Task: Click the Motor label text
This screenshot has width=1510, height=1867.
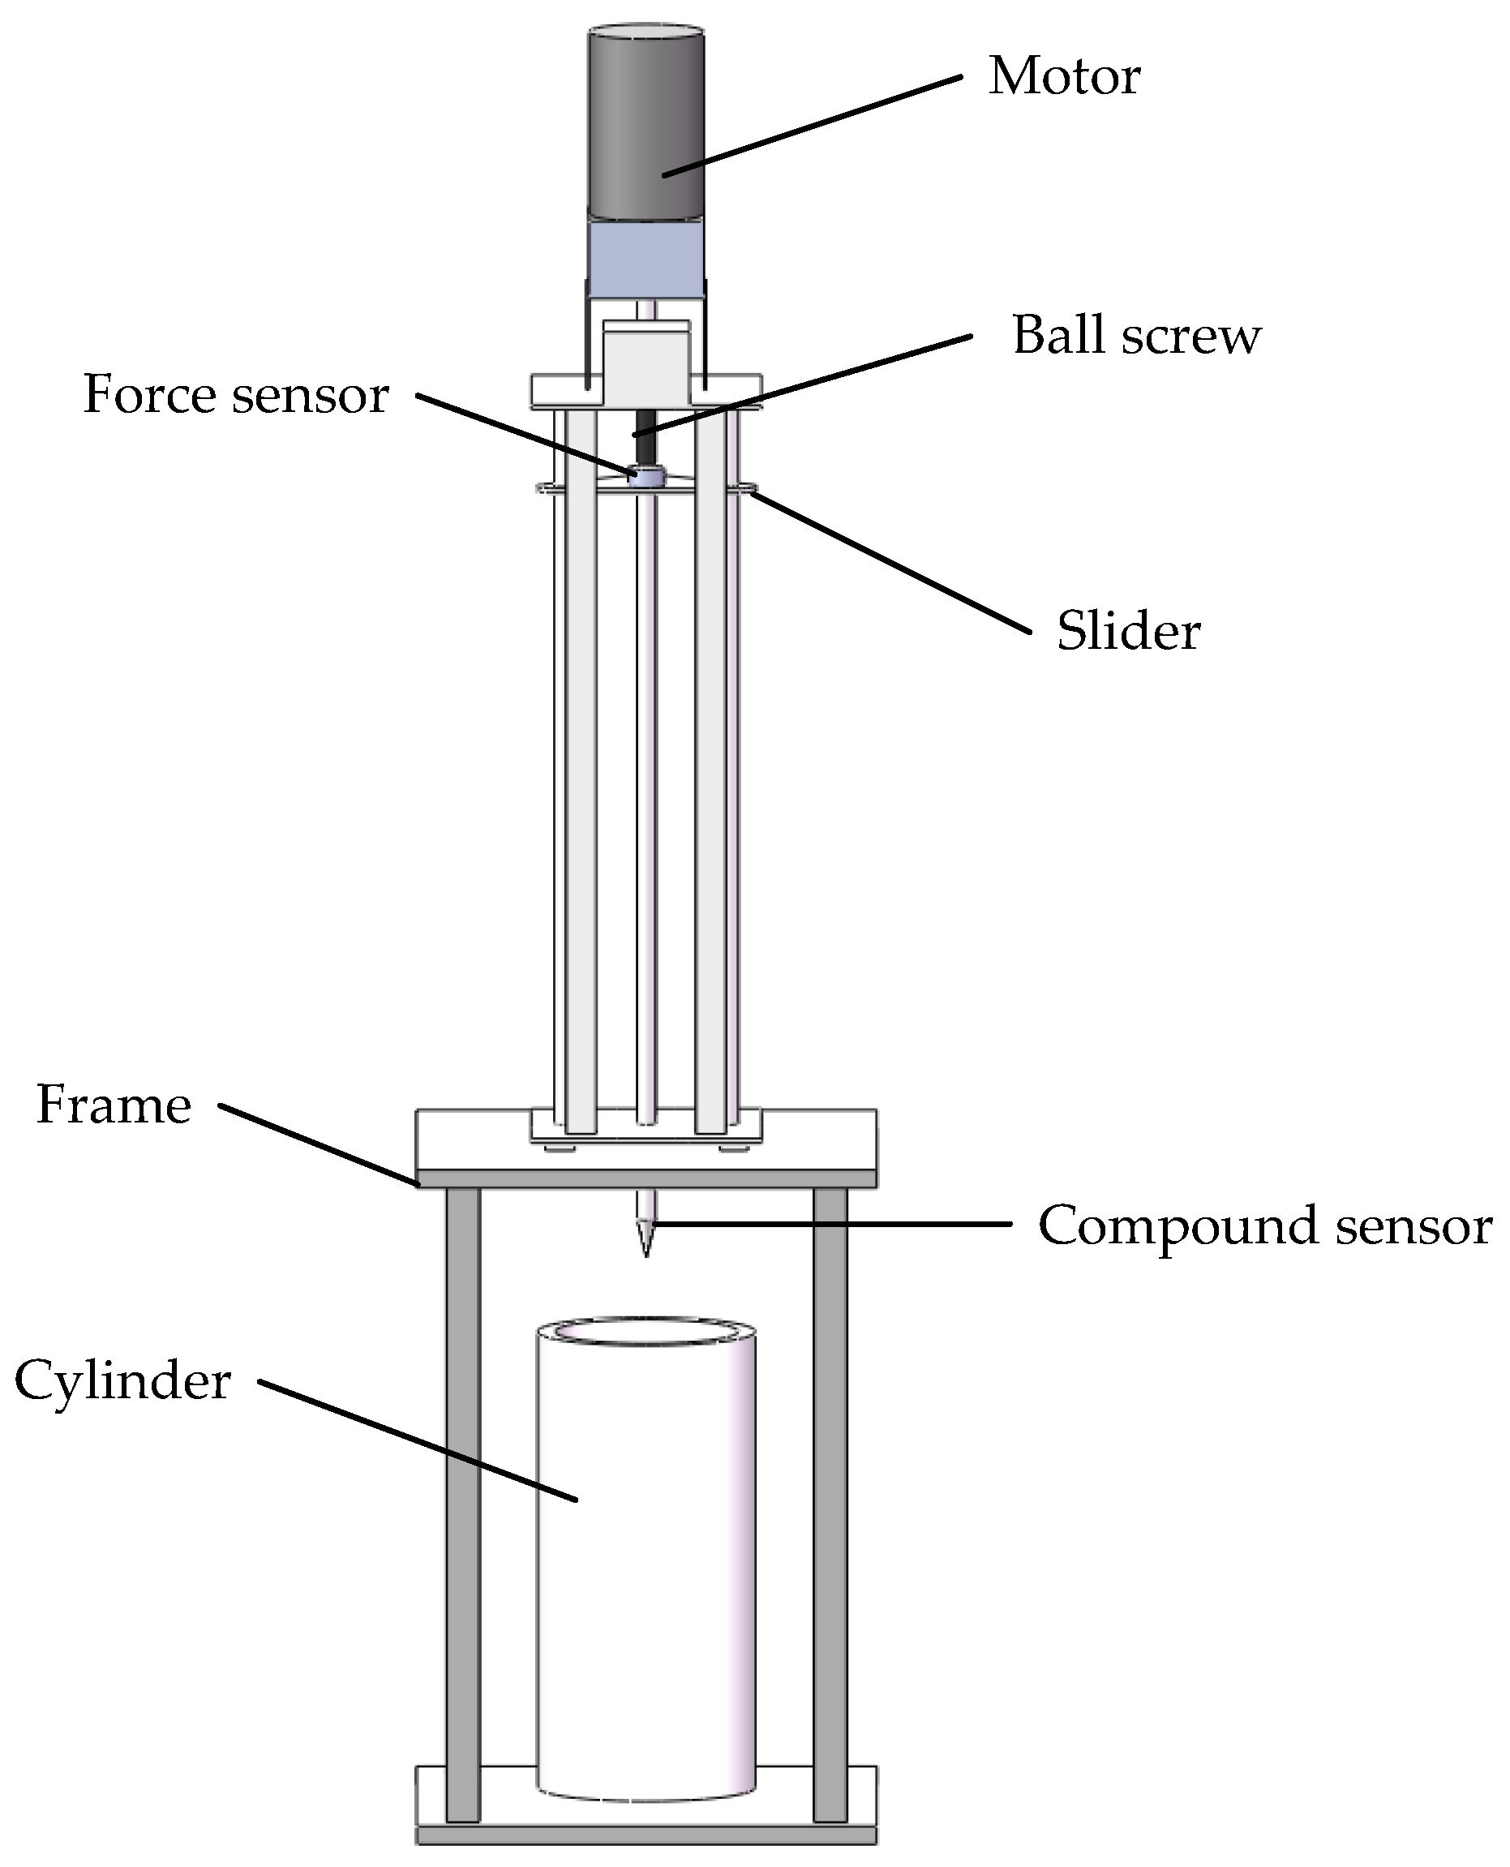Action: click(x=1064, y=76)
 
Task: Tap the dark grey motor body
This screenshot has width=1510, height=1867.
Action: click(x=646, y=122)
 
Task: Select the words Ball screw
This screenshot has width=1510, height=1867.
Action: click(x=1135, y=335)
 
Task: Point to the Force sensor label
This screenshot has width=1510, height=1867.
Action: click(x=235, y=394)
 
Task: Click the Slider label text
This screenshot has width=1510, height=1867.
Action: click(x=1128, y=631)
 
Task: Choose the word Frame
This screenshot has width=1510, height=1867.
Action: click(x=113, y=1105)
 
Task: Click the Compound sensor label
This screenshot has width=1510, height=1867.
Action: click(x=1265, y=1225)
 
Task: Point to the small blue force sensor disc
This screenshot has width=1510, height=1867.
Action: click(x=646, y=477)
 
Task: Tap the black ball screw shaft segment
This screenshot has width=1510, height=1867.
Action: click(x=645, y=440)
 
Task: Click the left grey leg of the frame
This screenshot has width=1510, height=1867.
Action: click(x=463, y=1505)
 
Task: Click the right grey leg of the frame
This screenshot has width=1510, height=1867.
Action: click(x=830, y=1505)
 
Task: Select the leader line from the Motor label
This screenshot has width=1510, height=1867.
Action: click(x=813, y=127)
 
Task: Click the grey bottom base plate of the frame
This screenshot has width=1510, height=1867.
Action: click(x=646, y=1835)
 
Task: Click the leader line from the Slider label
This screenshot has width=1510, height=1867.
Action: click(x=891, y=563)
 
